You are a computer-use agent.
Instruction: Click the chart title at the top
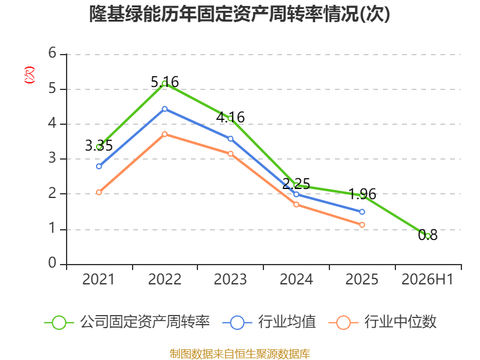(x=239, y=14)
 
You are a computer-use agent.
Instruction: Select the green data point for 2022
(x=164, y=83)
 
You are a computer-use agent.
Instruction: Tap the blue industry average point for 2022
(x=164, y=109)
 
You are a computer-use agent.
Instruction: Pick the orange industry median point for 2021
(x=99, y=192)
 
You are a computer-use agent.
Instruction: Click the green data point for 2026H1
(x=428, y=236)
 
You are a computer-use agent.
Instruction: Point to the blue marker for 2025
(x=362, y=212)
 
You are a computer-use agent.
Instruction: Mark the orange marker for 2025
(x=362, y=224)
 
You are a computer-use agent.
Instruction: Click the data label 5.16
(x=164, y=82)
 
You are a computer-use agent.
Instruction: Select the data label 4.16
(x=230, y=117)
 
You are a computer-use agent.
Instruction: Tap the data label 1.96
(x=362, y=194)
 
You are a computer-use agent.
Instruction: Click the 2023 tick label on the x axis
(x=230, y=279)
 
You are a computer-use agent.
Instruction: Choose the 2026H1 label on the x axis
(x=427, y=279)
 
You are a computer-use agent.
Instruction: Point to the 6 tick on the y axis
(x=52, y=53)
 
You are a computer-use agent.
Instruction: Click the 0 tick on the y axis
(x=52, y=263)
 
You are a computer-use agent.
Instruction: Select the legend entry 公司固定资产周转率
(x=127, y=322)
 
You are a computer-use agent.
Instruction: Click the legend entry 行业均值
(x=269, y=322)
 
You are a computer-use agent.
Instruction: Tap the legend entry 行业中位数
(x=382, y=322)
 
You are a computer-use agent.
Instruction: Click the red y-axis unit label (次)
(x=29, y=74)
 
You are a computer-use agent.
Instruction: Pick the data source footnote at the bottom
(x=239, y=354)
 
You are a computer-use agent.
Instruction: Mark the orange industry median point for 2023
(x=230, y=154)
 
